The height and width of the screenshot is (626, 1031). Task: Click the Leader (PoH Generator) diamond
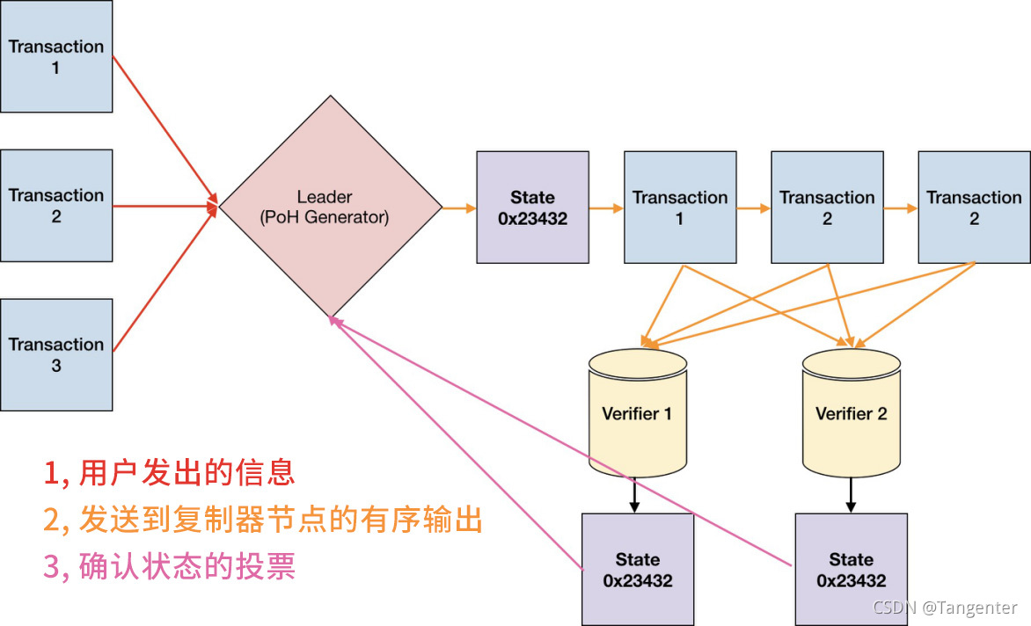tap(330, 207)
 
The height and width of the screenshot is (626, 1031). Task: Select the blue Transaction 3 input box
tap(56, 354)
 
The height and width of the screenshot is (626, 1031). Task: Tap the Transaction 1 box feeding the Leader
tap(56, 56)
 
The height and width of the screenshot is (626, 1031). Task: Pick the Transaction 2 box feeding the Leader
tap(56, 206)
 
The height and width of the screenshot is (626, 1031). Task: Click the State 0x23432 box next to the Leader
tap(532, 207)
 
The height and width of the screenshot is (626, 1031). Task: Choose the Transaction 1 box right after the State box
tap(680, 207)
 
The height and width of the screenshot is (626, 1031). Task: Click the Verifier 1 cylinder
tap(637, 413)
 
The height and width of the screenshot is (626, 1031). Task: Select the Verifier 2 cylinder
tap(851, 413)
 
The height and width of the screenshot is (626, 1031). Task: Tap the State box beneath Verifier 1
tap(638, 569)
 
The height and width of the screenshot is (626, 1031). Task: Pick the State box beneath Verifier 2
tap(851, 569)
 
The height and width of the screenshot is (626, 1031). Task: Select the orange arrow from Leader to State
tap(458, 208)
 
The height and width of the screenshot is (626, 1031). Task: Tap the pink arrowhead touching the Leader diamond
tap(334, 322)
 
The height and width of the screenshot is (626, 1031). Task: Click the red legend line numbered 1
tap(169, 473)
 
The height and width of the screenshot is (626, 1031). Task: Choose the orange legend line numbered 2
tap(263, 520)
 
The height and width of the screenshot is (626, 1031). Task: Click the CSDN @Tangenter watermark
tap(946, 608)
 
